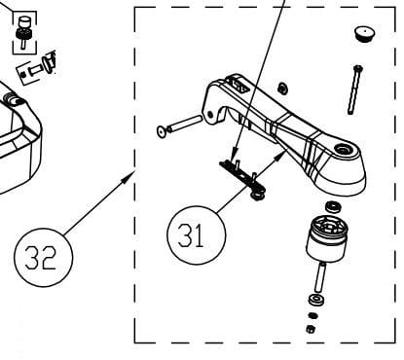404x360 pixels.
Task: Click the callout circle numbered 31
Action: click(x=195, y=234)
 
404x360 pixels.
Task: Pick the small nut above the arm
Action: click(x=281, y=90)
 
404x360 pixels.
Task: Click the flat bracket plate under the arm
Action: click(x=240, y=172)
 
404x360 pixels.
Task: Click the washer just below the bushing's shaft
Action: click(x=313, y=301)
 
